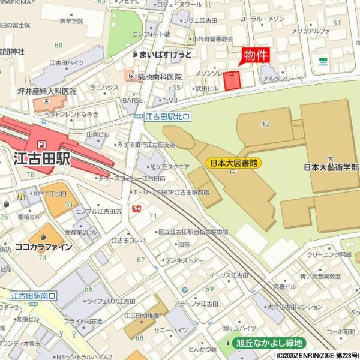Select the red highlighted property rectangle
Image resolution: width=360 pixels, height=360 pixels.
[x=232, y=81]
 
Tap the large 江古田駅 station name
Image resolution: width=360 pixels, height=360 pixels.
[x=41, y=159]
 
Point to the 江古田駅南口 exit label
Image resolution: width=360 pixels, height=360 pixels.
[x=33, y=295]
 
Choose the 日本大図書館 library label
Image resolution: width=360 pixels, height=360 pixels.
[x=233, y=163]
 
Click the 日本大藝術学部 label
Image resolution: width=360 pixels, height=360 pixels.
[x=331, y=167]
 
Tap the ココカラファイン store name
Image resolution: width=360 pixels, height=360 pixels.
[x=43, y=247]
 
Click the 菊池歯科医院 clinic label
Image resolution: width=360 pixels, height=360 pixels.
[x=159, y=77]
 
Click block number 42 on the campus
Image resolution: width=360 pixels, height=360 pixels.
[x=265, y=124]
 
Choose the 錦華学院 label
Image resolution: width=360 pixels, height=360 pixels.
[x=71, y=21]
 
